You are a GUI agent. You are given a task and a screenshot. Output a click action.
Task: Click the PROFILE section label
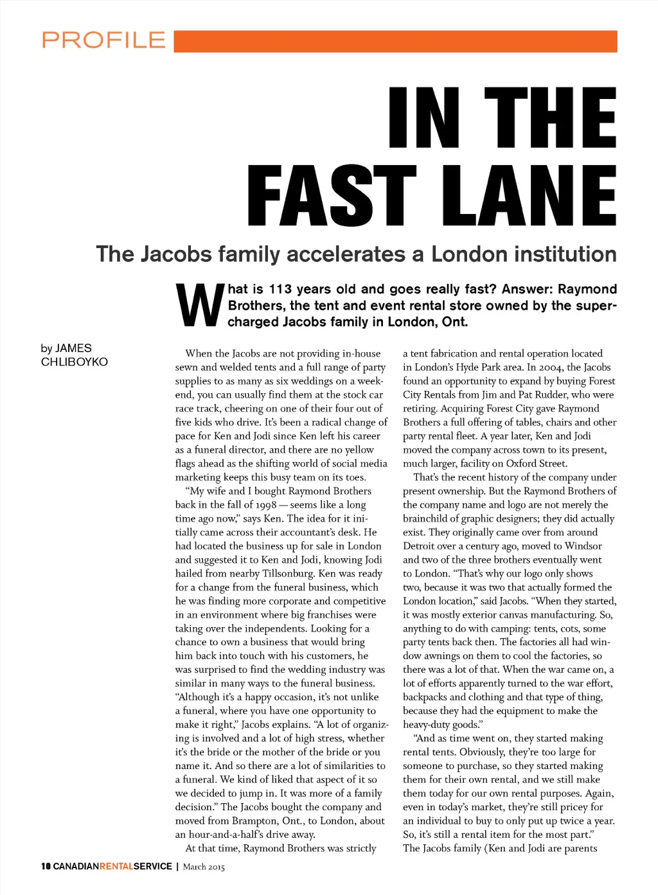pos(104,40)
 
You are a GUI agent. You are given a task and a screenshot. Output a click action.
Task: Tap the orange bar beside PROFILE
pos(395,41)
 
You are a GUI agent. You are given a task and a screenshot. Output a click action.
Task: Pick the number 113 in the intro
pos(280,289)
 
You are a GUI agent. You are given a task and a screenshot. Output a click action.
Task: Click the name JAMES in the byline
pos(73,348)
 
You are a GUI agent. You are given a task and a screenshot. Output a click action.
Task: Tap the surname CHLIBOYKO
pos(75,362)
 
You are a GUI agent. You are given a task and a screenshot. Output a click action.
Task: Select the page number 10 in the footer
pos(46,866)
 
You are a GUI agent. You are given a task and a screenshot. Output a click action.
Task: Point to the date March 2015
pos(204,867)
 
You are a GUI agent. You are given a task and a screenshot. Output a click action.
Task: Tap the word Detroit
pos(422,546)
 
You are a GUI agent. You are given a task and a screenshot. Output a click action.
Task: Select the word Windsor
pos(583,546)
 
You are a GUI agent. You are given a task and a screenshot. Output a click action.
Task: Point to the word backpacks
pos(425,697)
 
